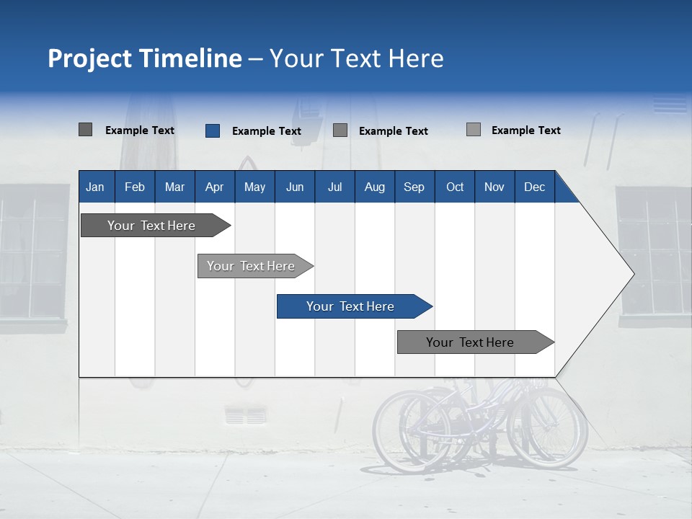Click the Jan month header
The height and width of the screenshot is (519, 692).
[96, 187]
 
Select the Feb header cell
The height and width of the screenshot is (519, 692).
[135, 187]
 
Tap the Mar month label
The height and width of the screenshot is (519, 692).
[174, 187]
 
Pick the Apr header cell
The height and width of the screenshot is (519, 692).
[215, 187]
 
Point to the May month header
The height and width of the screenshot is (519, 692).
[254, 187]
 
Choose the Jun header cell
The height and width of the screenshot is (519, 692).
[295, 187]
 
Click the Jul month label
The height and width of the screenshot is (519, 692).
[334, 187]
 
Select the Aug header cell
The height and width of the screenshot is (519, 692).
[375, 187]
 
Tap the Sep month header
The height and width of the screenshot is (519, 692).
[414, 187]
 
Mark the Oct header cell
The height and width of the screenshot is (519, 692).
[455, 187]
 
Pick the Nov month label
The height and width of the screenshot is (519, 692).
[494, 187]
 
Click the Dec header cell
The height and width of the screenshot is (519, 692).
[535, 187]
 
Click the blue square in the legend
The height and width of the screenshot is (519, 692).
[213, 130]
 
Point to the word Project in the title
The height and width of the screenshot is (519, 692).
[90, 58]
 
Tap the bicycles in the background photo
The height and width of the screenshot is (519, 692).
[479, 425]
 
